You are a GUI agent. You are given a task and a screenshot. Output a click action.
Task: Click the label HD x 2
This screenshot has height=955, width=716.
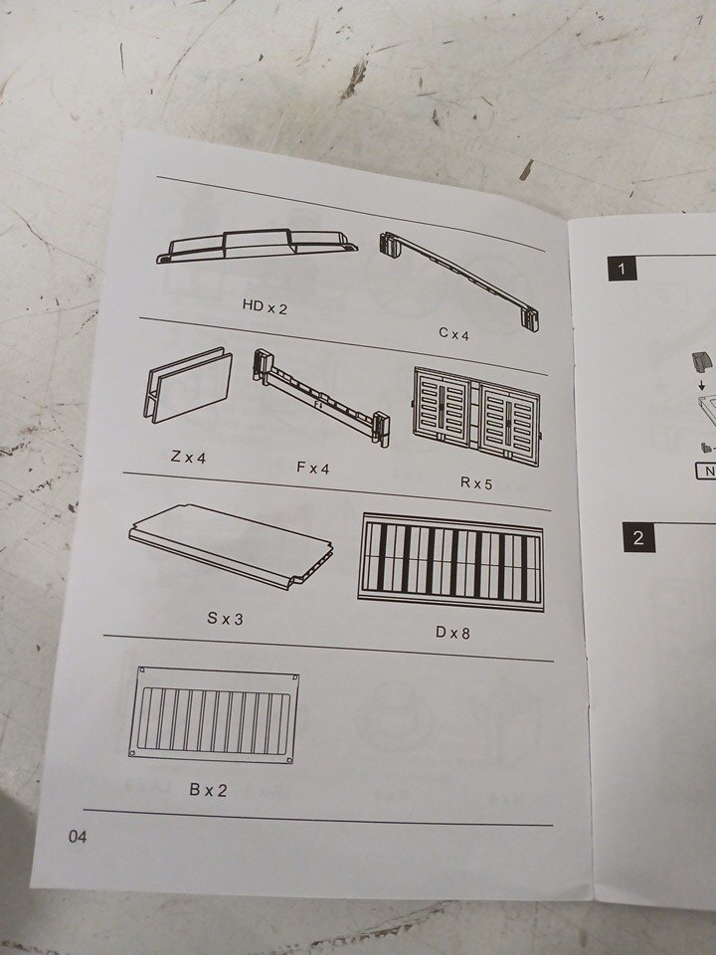pyautogui.click(x=265, y=306)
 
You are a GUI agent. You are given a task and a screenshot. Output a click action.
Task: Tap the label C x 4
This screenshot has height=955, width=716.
pyautogui.click(x=453, y=333)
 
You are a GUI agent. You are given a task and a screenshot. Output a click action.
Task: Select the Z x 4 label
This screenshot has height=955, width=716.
pyautogui.click(x=188, y=457)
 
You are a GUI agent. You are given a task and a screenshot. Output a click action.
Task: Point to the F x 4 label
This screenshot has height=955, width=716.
pyautogui.click(x=312, y=468)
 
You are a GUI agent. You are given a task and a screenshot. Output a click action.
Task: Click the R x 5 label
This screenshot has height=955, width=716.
pyautogui.click(x=475, y=483)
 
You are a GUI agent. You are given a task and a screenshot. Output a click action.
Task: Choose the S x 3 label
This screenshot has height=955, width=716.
pyautogui.click(x=225, y=618)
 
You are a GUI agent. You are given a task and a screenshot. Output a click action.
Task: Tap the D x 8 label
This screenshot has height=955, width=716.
pyautogui.click(x=452, y=633)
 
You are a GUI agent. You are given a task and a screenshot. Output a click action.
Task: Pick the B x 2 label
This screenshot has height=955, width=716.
pyautogui.click(x=208, y=790)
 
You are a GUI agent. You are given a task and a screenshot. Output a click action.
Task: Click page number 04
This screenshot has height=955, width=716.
pyautogui.click(x=78, y=837)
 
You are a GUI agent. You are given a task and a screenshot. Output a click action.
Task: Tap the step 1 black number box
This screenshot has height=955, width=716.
pyautogui.click(x=622, y=269)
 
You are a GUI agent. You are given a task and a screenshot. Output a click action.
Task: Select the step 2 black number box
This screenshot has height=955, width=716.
pyautogui.click(x=638, y=537)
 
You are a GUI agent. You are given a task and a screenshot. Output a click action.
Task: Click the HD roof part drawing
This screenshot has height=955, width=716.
pyautogui.click(x=257, y=246)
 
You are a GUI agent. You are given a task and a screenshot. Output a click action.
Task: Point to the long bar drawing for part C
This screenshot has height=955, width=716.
pyautogui.click(x=460, y=281)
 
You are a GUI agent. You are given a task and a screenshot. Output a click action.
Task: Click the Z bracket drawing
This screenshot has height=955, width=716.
pyautogui.click(x=188, y=385)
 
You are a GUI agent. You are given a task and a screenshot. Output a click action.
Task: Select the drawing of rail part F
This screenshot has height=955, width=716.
pyautogui.click(x=321, y=397)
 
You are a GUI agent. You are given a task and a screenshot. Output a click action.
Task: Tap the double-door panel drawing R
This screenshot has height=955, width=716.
pyautogui.click(x=476, y=416)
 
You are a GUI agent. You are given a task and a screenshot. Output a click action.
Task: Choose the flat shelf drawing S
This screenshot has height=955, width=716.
pyautogui.click(x=232, y=545)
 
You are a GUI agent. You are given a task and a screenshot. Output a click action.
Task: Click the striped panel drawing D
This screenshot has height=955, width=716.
pyautogui.click(x=451, y=561)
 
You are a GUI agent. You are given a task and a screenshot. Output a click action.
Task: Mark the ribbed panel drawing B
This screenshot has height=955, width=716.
pyautogui.click(x=214, y=715)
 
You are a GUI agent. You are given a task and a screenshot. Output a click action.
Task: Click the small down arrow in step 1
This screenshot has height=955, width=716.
pyautogui.click(x=702, y=385)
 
